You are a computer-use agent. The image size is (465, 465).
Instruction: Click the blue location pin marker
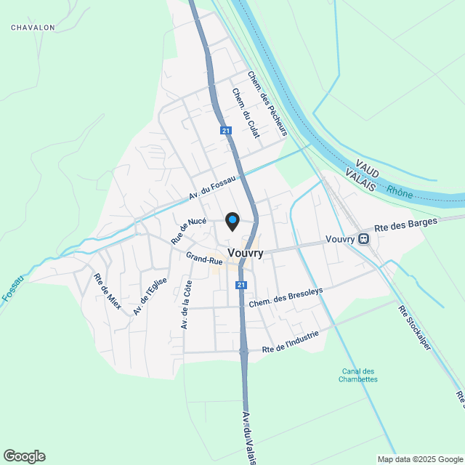(x=232, y=220)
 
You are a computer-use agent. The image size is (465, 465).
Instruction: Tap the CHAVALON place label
(x=33, y=28)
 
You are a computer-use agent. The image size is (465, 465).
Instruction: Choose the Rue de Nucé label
(x=189, y=230)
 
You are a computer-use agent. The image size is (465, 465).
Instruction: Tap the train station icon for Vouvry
(x=363, y=238)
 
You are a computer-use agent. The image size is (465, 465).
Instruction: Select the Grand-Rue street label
(x=204, y=258)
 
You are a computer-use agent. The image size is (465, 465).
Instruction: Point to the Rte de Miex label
(x=107, y=291)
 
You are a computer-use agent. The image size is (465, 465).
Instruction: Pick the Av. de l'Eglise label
(x=150, y=296)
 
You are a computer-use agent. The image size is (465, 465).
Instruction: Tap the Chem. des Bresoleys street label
(x=285, y=296)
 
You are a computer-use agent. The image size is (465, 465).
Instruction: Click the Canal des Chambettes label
(x=359, y=375)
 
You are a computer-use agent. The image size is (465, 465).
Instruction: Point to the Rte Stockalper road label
(x=414, y=327)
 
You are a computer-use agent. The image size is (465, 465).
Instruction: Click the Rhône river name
(x=400, y=192)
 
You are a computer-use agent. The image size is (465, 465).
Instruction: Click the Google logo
(x=24, y=456)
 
